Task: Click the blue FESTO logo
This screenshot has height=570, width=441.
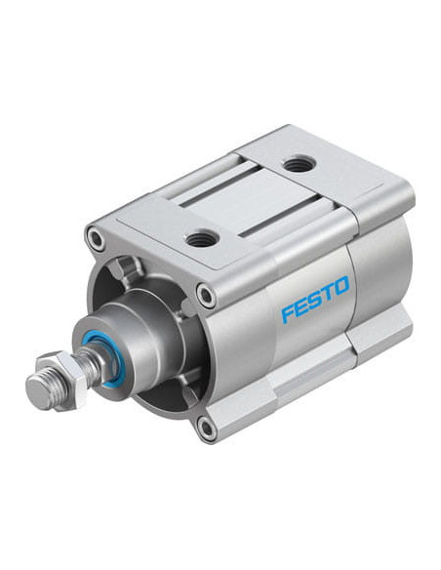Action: pyautogui.click(x=315, y=299)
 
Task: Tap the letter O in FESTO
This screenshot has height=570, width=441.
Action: pyautogui.click(x=341, y=285)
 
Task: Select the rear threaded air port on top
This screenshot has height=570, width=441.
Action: pyautogui.click(x=299, y=163)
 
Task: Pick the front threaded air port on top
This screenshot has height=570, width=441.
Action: pyautogui.click(x=202, y=239)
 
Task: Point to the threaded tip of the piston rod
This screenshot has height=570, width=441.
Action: pyautogui.click(x=42, y=390)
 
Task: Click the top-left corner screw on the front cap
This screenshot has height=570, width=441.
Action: pyautogui.click(x=97, y=239)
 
